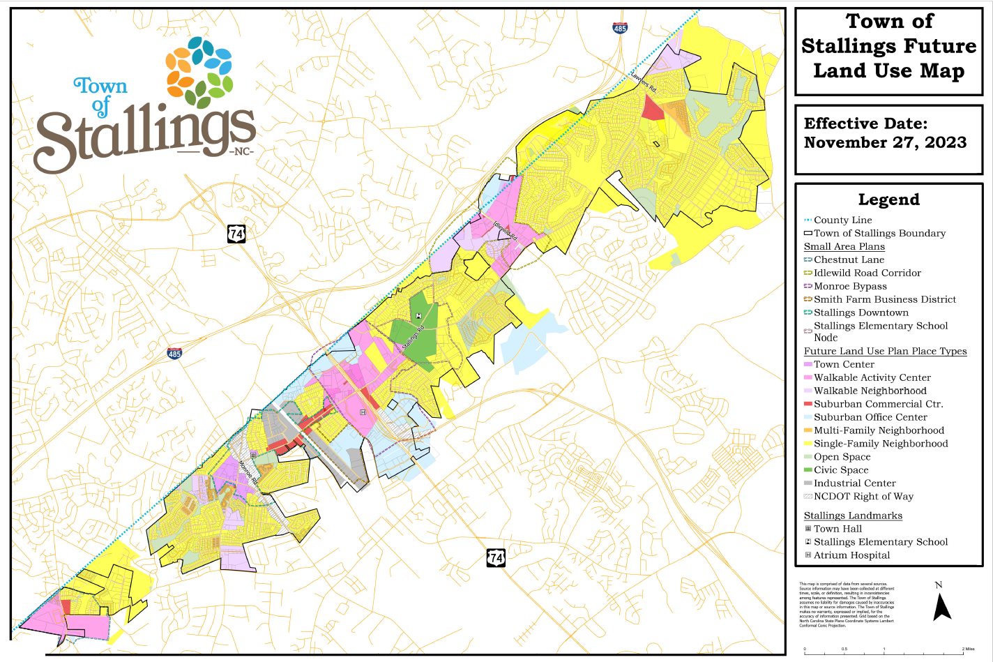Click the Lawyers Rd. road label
tap(644, 82)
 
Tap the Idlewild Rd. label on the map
tap(506, 232)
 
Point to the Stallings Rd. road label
tap(413, 338)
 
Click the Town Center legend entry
tap(844, 364)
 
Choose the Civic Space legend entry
tap(841, 470)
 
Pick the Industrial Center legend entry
tap(854, 483)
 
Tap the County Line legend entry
tap(842, 220)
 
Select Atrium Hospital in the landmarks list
tap(851, 555)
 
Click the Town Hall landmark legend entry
tap(837, 529)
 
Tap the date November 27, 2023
tap(885, 143)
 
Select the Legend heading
tap(888, 200)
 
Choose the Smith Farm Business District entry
tap(884, 300)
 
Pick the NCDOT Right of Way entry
tap(863, 497)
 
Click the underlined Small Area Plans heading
tap(844, 247)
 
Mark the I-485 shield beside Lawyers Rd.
tap(620, 28)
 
